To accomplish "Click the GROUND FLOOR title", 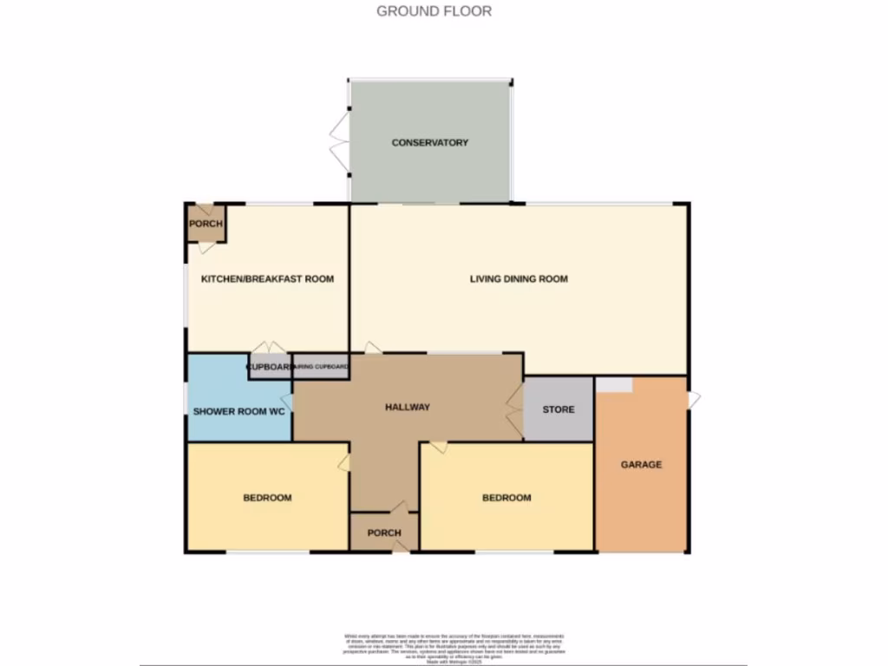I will pos(434,11).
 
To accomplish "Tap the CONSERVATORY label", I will pos(430,142).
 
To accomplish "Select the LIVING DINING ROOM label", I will pos(519,279).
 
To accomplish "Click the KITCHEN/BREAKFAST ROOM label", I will pos(267,279).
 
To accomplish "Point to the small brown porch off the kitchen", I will pos(206,224).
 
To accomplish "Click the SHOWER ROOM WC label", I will pos(239,411).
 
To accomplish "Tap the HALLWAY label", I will pos(408,408).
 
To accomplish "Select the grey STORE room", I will pos(558,409).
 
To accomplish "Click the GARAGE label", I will pos(641,465).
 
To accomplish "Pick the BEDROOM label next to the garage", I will pos(506,498).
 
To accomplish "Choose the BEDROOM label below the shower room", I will pos(267,498).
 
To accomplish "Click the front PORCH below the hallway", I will pos(383,532).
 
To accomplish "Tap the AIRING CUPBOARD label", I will pos(322,368).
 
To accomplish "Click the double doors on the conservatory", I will pos(338,142).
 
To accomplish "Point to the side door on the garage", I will pos(694,400).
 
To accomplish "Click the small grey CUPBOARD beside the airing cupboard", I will pos(270,368).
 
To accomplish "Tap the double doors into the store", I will pos(515,408).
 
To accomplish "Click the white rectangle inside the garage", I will pos(614,384).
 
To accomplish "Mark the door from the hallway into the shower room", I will pos(288,403).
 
